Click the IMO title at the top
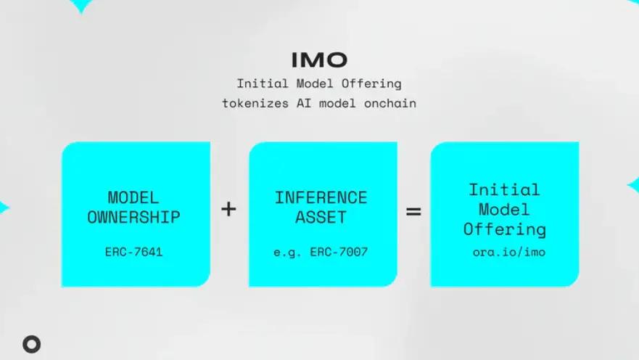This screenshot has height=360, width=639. [x=319, y=60]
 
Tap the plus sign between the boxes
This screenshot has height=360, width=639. [x=228, y=210]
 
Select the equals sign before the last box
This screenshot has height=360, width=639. [x=413, y=213]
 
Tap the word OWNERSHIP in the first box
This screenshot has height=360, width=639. [x=134, y=217]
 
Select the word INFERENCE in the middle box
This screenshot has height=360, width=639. [x=321, y=197]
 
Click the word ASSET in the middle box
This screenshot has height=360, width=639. [x=321, y=217]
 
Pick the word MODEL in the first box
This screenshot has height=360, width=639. [x=134, y=197]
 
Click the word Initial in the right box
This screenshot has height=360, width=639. [x=504, y=190]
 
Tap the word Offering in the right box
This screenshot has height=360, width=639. [x=504, y=229]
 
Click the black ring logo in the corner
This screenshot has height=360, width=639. [x=31, y=345]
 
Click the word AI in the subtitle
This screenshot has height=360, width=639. [x=302, y=103]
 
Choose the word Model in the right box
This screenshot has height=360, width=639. [x=504, y=210]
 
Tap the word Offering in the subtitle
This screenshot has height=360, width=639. [x=374, y=83]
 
